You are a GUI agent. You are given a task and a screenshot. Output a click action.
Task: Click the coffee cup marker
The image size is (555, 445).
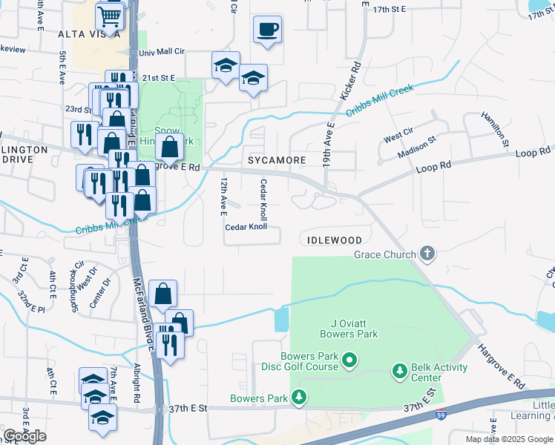(x=267, y=30)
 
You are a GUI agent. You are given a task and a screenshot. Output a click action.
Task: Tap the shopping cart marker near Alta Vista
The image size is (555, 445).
(x=110, y=16)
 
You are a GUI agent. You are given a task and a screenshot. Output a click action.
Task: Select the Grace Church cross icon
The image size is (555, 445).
(x=427, y=254)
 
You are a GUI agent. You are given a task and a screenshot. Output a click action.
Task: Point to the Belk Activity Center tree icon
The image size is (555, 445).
(x=400, y=369)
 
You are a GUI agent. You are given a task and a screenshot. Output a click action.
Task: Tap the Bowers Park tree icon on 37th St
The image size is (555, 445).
(x=299, y=399)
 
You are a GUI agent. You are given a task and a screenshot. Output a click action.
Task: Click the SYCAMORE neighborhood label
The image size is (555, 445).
(x=277, y=160)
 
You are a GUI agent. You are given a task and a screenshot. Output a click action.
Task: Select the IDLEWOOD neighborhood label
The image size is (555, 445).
(x=332, y=240)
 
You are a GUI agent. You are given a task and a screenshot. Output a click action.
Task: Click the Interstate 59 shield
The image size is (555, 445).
(x=441, y=416)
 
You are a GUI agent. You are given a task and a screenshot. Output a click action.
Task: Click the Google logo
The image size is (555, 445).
(x=24, y=436)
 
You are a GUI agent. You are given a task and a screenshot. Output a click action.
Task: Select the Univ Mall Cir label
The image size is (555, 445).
(x=162, y=53)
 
